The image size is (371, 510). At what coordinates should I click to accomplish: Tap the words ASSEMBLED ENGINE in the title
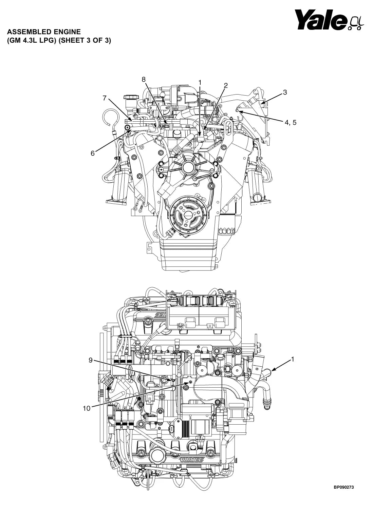tap(44, 32)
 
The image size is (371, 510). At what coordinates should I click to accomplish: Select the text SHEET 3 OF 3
tap(85, 41)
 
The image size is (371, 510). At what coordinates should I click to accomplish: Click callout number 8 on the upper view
tap(144, 79)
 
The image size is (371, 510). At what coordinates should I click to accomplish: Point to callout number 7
tap(105, 98)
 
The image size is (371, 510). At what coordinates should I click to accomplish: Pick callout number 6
tap(93, 153)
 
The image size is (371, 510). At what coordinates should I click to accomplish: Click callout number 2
tap(226, 85)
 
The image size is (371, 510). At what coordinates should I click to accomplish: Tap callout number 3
tap(285, 92)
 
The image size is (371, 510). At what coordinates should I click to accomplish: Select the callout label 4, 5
tap(291, 122)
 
